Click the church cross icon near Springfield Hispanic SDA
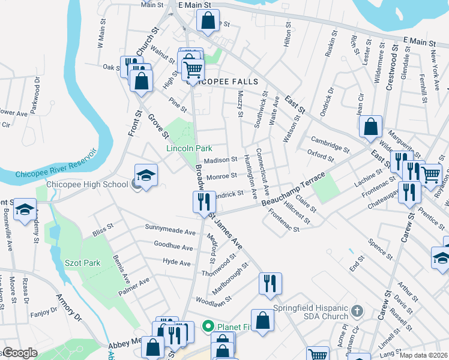(x=357, y=311)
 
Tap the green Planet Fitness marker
(x=208, y=326)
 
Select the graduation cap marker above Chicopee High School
(x=146, y=175)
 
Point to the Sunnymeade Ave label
(x=170, y=230)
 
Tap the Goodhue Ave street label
(x=173, y=246)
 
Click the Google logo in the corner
(x=19, y=353)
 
